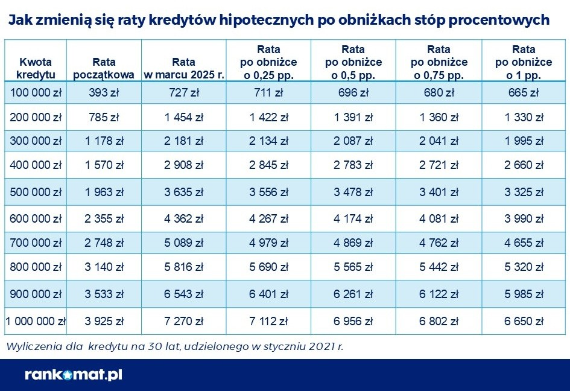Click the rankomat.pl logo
74,375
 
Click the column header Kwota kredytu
36,68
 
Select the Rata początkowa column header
104,68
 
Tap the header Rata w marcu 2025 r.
183,68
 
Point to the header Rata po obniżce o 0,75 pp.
439,62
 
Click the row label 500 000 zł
36,192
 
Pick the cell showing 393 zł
104,92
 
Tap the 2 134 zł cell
268,141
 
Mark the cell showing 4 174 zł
353,218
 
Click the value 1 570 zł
104,166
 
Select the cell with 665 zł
524,92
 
